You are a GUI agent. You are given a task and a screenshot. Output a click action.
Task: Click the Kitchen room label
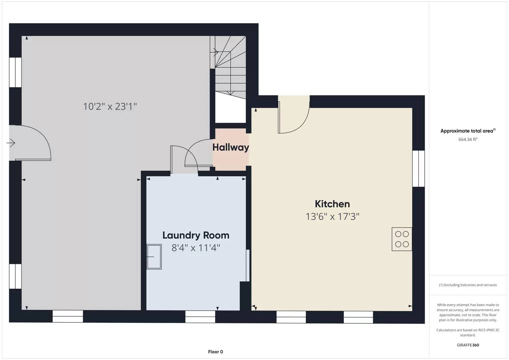332,204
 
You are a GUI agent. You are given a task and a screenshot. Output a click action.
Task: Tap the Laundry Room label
196,235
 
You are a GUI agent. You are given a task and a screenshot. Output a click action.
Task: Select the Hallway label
231,147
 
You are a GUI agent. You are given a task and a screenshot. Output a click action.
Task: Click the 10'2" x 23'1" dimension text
110,107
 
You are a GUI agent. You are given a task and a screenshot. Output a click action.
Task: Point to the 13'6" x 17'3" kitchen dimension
332,217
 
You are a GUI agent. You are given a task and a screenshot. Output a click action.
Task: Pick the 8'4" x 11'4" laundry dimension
196,248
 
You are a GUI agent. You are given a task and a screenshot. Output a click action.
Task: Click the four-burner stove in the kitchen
402,239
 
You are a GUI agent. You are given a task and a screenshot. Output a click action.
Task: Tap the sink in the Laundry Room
154,257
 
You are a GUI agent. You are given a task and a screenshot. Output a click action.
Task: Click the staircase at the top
230,67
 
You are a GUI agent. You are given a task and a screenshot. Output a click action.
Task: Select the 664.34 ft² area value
468,139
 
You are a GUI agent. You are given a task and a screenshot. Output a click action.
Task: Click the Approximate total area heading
468,131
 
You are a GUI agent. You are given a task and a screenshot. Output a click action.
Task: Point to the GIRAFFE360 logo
468,345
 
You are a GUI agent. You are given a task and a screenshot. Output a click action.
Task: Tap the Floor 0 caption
215,352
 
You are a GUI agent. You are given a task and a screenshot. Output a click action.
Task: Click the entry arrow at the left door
11,143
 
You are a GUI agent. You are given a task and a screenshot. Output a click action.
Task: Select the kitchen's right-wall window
418,168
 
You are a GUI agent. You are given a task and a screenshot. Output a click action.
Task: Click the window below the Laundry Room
200,316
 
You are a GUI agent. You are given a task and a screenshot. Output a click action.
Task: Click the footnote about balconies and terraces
468,285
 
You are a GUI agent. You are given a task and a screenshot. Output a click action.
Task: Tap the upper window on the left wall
15,72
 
